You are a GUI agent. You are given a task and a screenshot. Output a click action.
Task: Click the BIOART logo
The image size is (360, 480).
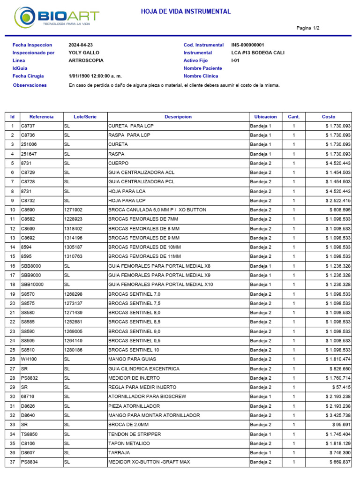(x=56, y=17)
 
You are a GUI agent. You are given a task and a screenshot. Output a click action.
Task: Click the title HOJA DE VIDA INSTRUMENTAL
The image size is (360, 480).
(x=186, y=12)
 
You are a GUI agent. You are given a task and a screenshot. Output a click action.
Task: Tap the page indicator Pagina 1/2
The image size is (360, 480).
(x=308, y=28)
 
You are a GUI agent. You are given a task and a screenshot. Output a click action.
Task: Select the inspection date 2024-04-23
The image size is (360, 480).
(x=81, y=45)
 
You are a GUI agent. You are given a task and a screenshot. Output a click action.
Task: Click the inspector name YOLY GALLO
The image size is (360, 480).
(x=84, y=53)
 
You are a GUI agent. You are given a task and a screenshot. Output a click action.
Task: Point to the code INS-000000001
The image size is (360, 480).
(x=251, y=45)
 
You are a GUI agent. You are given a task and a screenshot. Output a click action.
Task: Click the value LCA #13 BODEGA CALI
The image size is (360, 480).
(x=258, y=53)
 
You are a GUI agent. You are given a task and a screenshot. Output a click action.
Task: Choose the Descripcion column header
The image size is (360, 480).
(x=178, y=117)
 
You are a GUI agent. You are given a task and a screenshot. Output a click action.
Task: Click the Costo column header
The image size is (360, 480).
(x=329, y=117)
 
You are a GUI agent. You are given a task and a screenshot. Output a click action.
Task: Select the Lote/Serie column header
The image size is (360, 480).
(x=85, y=117)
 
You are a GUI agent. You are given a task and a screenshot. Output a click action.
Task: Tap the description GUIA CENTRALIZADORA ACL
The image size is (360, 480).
(x=141, y=172)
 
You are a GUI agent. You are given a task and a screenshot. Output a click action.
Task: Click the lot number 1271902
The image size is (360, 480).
(x=73, y=210)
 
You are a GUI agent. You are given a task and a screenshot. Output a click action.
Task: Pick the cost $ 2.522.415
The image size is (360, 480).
(x=334, y=201)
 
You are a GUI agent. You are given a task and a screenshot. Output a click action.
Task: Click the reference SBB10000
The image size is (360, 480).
(x=31, y=285)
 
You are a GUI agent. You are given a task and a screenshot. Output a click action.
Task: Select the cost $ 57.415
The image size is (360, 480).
(x=340, y=387)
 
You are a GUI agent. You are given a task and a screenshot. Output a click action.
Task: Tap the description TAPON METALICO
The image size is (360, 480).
(x=129, y=443)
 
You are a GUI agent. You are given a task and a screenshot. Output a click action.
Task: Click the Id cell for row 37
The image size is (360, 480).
(x=12, y=462)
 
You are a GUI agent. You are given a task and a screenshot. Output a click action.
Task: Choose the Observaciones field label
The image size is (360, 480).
(x=30, y=85)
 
